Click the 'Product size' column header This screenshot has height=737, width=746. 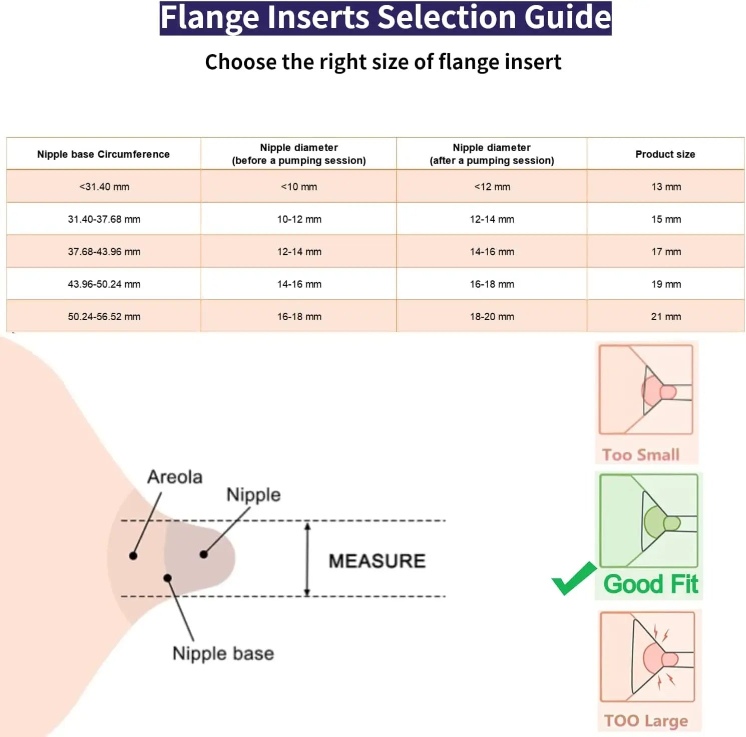665,154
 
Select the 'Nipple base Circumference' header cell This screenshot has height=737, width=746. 103,154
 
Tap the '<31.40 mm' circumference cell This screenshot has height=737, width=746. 104,187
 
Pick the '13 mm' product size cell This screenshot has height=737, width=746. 666,187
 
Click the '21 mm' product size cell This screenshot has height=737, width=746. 666,317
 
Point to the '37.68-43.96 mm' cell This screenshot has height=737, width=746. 104,252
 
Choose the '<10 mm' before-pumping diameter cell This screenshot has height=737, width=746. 299,187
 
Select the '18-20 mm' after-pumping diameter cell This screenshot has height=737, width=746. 492,317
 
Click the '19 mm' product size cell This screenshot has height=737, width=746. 666,284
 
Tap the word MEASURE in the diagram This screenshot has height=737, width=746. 377,561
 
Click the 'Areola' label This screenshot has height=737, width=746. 175,477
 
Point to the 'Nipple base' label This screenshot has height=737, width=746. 223,653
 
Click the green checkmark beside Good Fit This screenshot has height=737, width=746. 574,579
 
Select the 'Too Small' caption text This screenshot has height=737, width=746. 640,455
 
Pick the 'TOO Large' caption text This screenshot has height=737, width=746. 645,720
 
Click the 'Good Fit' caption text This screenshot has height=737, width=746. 650,584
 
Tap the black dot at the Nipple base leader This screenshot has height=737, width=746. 168,578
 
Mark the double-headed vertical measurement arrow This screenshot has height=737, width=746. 307,559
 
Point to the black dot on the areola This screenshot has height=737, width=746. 133,556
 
